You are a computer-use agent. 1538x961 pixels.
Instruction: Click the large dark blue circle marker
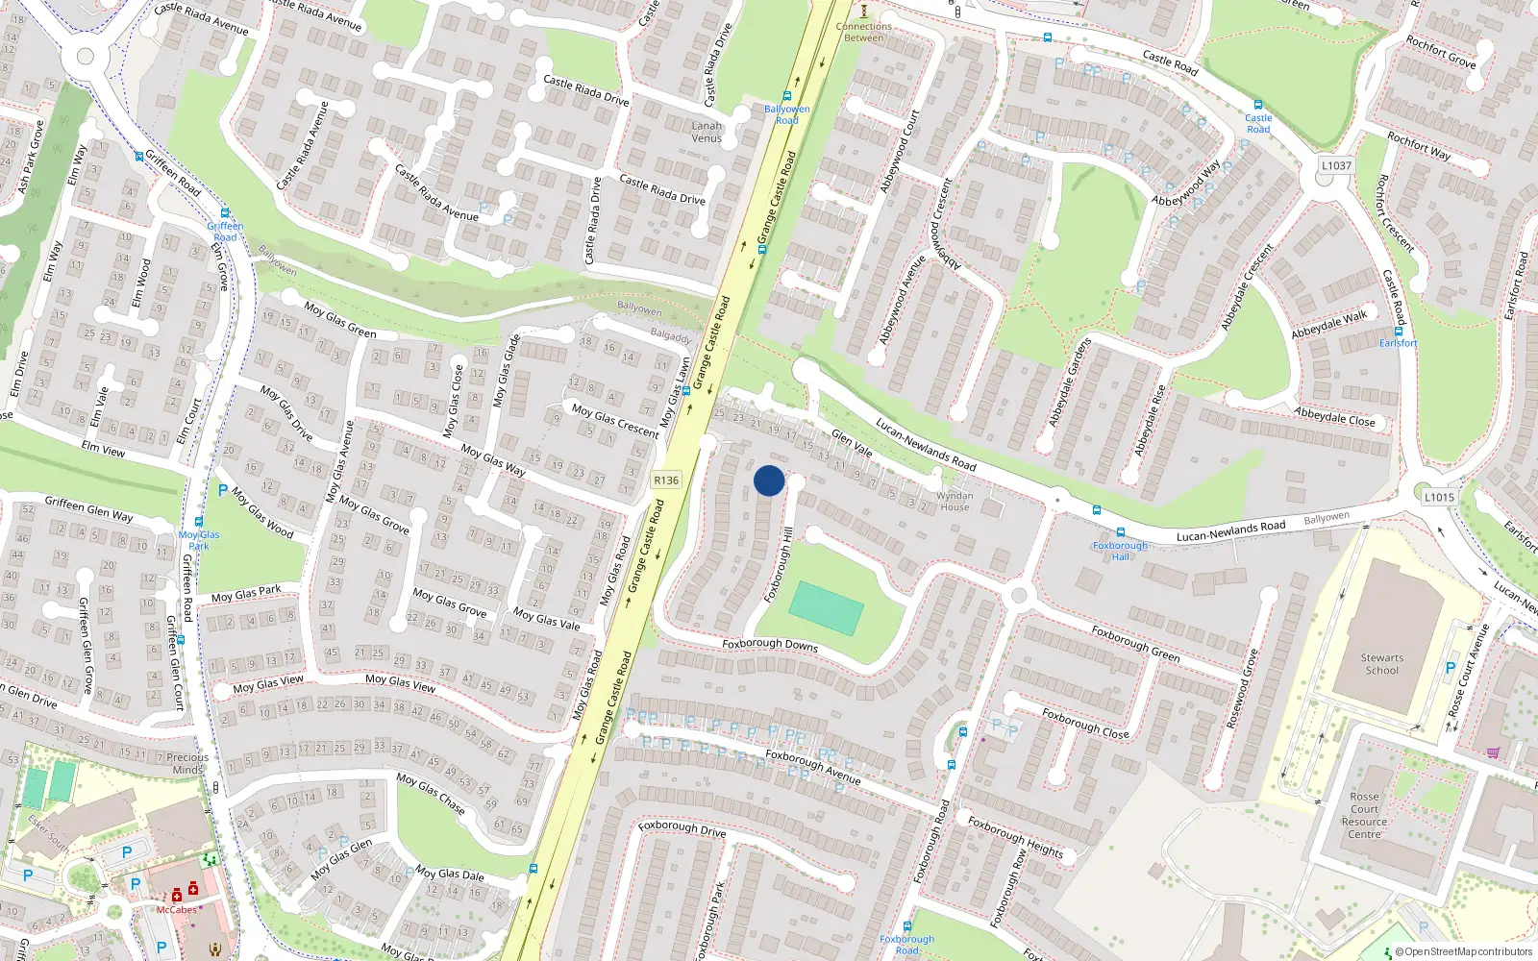pyautogui.click(x=769, y=480)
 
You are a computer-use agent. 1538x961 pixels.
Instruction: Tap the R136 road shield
pyautogui.click(x=665, y=480)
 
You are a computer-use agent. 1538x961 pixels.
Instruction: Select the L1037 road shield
pyautogui.click(x=1336, y=165)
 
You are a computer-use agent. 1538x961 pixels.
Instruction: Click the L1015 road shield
pyautogui.click(x=1439, y=497)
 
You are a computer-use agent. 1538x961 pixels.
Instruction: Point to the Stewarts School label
pyautogui.click(x=1382, y=664)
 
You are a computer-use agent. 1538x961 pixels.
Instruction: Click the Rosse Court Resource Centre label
pyautogui.click(x=1364, y=815)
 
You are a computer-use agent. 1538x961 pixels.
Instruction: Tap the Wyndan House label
pyautogui.click(x=955, y=502)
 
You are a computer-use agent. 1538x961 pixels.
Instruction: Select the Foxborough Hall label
pyautogui.click(x=1120, y=551)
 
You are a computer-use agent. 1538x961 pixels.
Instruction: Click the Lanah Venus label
pyautogui.click(x=707, y=132)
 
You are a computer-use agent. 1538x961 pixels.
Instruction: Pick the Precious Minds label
pyautogui.click(x=187, y=763)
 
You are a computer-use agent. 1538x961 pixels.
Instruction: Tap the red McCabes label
pyautogui.click(x=177, y=909)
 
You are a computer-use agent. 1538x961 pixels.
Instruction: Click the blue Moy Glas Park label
pyautogui.click(x=199, y=540)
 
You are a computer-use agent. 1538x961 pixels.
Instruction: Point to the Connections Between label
pyautogui.click(x=863, y=32)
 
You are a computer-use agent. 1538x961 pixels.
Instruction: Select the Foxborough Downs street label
pyautogui.click(x=770, y=645)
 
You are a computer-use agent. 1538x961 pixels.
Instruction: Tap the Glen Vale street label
pyautogui.click(x=852, y=443)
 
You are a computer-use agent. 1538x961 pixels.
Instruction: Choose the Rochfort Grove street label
pyautogui.click(x=1440, y=52)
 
